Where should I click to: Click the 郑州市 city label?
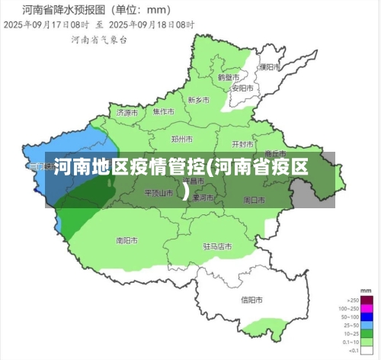point(182,140)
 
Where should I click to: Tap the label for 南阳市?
point(126,240)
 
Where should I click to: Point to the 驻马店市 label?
point(217,246)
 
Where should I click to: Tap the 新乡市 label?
point(199,100)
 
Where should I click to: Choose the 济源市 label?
point(127,112)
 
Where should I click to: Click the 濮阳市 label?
point(268,66)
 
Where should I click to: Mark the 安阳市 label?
point(242,87)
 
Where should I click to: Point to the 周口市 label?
point(254,200)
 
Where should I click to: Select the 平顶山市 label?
point(159,193)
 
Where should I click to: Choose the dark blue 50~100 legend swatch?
point(367,316)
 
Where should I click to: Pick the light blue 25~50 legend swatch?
point(367,324)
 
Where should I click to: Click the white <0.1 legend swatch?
point(367,350)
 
